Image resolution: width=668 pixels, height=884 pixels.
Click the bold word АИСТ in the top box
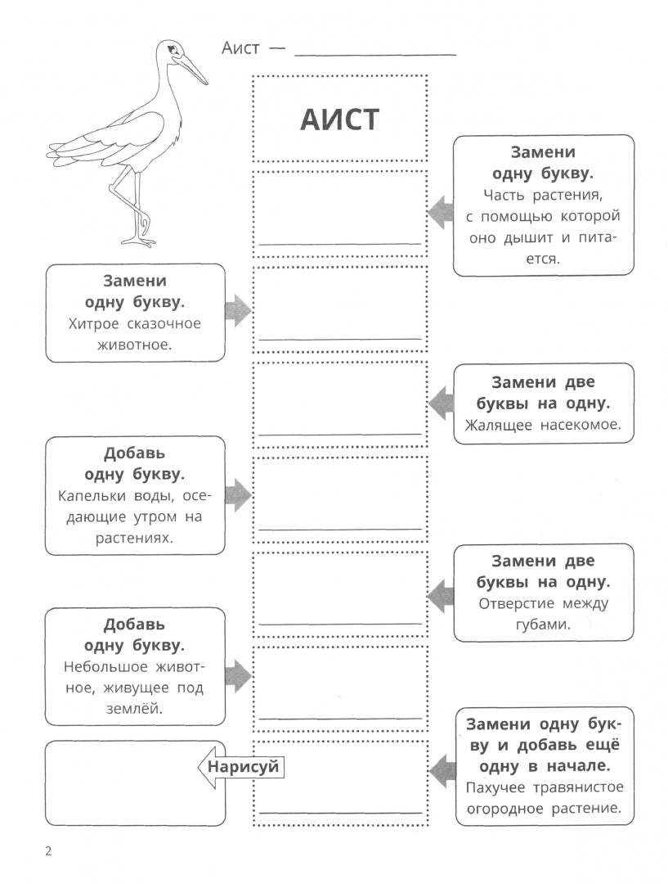339,120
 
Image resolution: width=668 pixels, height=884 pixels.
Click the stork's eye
172,51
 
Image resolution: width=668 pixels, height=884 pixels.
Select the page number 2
49,851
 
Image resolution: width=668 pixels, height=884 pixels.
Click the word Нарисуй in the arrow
243,767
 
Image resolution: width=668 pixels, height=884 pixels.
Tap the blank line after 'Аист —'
374,53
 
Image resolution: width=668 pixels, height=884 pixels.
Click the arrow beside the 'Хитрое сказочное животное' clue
237,311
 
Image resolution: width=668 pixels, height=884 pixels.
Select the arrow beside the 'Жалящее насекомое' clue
441,404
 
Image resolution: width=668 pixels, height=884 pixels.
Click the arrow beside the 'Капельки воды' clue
237,495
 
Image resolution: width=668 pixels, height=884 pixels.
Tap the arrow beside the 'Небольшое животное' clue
237,675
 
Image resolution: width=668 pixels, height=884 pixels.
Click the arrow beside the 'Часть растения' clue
441,213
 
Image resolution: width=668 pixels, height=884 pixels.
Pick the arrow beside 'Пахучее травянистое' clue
442,771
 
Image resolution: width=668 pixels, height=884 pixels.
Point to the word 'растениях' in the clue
135,539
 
